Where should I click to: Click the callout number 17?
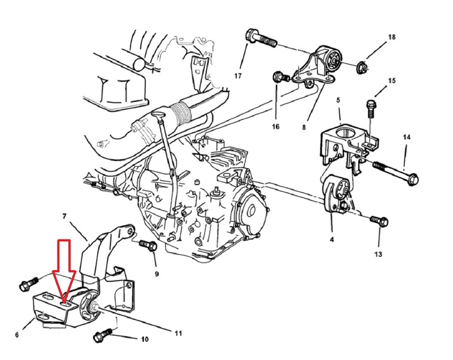point(238,76)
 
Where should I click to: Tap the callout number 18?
point(391,37)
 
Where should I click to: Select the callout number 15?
point(392,80)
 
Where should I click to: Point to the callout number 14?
point(406,137)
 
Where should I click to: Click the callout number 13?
point(378,254)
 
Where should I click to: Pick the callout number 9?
point(157,274)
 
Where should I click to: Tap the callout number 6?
point(17,335)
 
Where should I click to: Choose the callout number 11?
point(179,333)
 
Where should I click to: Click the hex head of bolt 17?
point(251,35)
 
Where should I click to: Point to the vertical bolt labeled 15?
point(371,109)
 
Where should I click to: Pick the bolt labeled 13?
point(379,221)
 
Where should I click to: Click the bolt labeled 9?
point(149,245)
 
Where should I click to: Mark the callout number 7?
point(64,216)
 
